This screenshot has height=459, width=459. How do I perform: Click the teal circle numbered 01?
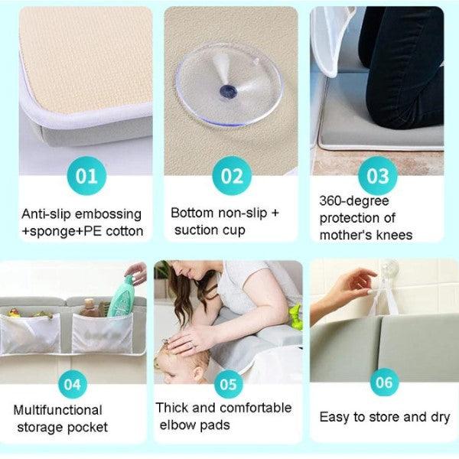(86, 176)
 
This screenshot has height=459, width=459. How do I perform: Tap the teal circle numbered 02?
(231, 176)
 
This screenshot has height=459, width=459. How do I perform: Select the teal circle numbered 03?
(378, 176)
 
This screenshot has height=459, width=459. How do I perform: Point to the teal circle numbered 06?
(385, 382)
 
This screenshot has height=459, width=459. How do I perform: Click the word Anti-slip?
(48, 213)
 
